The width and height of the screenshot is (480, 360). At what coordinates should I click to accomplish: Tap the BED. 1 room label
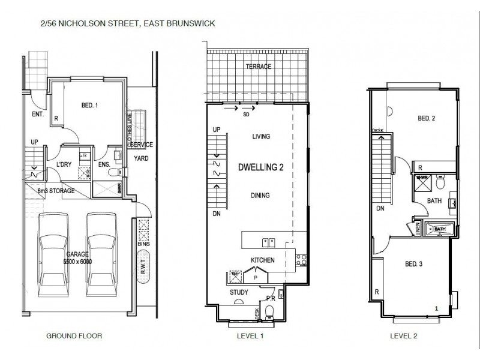89,106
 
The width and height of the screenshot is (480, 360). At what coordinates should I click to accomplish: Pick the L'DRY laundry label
64,164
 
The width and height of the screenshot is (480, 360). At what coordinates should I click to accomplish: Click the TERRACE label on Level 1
259,67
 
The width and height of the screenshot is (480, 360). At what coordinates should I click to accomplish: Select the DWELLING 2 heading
260,167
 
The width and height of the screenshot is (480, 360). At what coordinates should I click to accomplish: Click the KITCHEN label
263,260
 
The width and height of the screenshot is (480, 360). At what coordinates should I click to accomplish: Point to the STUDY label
239,293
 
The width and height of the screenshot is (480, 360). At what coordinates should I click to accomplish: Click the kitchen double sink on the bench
268,242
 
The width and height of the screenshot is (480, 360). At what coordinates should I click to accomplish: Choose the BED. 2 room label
426,118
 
